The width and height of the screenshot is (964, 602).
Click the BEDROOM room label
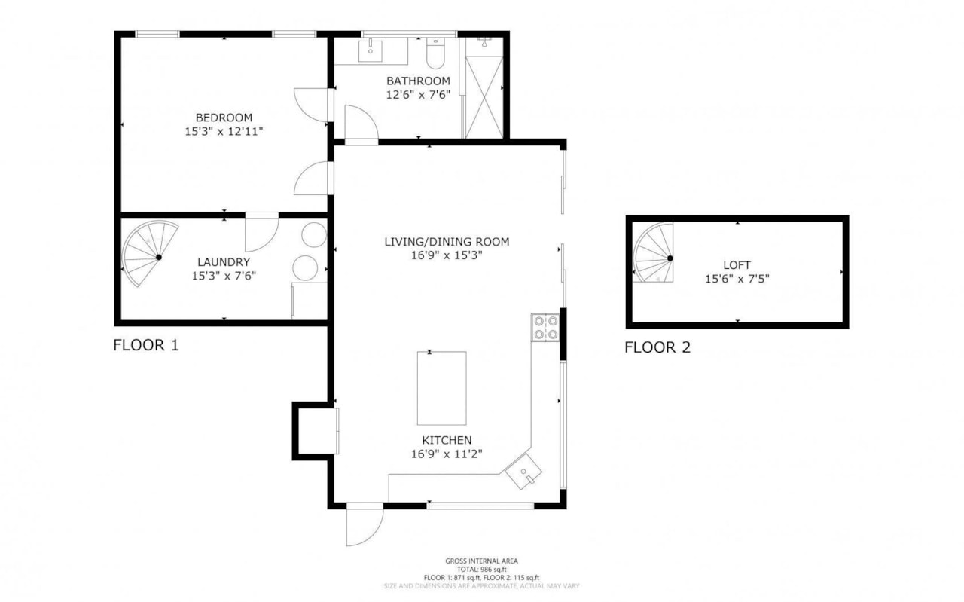point(224,118)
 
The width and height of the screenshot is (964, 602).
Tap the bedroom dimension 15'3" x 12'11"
point(224,131)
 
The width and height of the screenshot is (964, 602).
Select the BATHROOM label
point(418,81)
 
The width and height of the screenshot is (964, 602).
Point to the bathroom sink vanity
point(371,51)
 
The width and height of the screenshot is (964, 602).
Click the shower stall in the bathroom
point(484,87)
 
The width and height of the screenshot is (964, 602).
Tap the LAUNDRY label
point(224,262)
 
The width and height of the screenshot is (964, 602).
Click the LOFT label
point(737,265)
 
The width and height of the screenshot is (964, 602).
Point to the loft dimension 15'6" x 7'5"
point(737,278)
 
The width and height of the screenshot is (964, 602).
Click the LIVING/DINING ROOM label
point(447,242)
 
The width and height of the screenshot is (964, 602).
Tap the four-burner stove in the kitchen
point(546,327)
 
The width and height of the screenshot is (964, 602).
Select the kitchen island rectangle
point(442,388)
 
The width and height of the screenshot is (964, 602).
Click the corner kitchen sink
point(525,473)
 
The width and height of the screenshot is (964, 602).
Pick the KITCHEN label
point(447,440)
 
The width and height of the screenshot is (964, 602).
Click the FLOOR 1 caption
point(146,346)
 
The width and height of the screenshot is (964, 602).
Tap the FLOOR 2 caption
point(657,347)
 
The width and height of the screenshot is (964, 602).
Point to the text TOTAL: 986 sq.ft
point(481,569)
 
